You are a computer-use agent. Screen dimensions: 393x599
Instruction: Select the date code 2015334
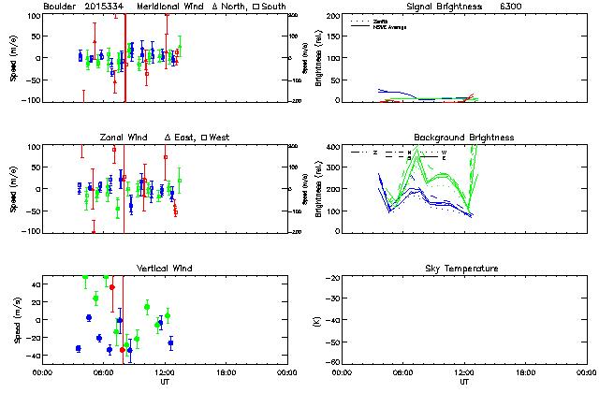pyautogui.click(x=103, y=7)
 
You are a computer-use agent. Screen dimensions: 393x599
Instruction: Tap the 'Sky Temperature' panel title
pyautogui.click(x=464, y=269)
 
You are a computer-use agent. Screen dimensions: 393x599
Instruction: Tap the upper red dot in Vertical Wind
pyautogui.click(x=112, y=287)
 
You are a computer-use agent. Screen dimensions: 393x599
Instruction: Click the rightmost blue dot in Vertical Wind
pyautogui.click(x=170, y=342)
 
